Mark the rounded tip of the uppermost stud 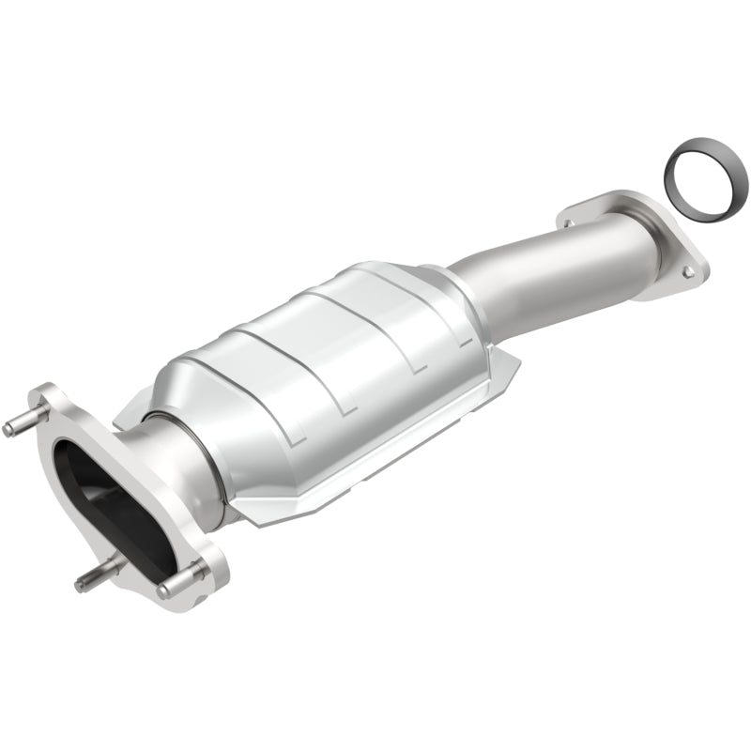click(8, 430)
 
